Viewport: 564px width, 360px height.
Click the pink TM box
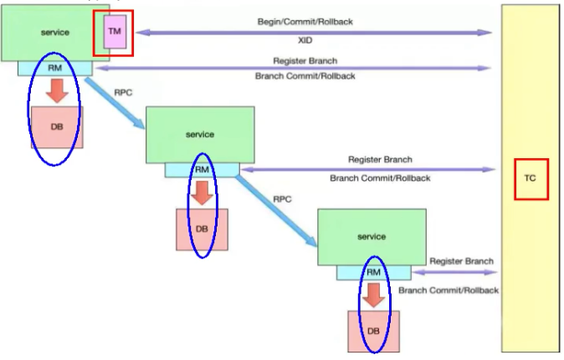[x=114, y=33]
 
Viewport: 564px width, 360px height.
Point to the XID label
[x=304, y=40]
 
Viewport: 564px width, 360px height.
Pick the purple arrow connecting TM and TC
[x=313, y=32]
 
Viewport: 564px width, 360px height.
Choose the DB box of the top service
[x=56, y=126]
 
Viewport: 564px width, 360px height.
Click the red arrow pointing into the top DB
[x=57, y=90]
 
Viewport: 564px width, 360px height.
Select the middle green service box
[x=199, y=134]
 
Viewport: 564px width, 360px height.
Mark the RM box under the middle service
[x=201, y=170]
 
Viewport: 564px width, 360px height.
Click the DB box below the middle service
[x=201, y=229]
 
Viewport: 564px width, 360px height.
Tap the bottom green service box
[x=372, y=237]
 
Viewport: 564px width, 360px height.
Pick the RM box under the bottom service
[x=373, y=272]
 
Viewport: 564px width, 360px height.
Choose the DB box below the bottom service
[x=373, y=331]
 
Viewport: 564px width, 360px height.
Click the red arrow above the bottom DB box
[x=373, y=295]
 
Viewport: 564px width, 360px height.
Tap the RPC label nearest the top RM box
[x=123, y=84]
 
